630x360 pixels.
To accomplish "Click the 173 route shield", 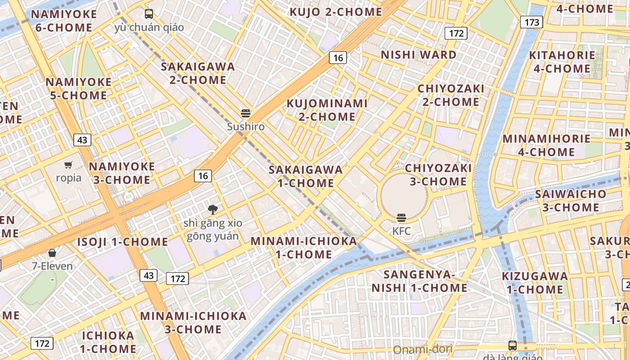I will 531,22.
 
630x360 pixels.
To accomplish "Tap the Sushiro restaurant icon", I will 246,113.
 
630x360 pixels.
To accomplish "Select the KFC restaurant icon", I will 401,218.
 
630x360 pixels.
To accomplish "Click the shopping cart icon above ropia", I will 68,165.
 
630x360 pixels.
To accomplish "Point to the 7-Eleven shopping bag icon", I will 52,253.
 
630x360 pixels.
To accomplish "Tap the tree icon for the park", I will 212,209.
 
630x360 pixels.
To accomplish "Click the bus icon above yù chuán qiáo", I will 149,14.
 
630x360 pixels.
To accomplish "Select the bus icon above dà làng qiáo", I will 512,346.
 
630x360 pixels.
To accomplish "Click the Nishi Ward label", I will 418,55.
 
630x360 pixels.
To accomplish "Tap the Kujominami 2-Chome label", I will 327,110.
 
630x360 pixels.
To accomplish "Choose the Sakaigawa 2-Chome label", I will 198,73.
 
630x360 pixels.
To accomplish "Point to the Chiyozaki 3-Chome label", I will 438,175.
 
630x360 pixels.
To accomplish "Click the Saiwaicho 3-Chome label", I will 571,201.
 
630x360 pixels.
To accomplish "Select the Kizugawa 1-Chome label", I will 535,282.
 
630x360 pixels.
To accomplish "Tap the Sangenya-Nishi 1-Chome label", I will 419,281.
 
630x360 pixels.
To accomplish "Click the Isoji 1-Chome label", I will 122,242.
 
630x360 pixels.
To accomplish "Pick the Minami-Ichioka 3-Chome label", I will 193,322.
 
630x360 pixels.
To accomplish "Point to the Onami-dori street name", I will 422,350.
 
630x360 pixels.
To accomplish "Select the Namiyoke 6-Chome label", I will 63,21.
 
